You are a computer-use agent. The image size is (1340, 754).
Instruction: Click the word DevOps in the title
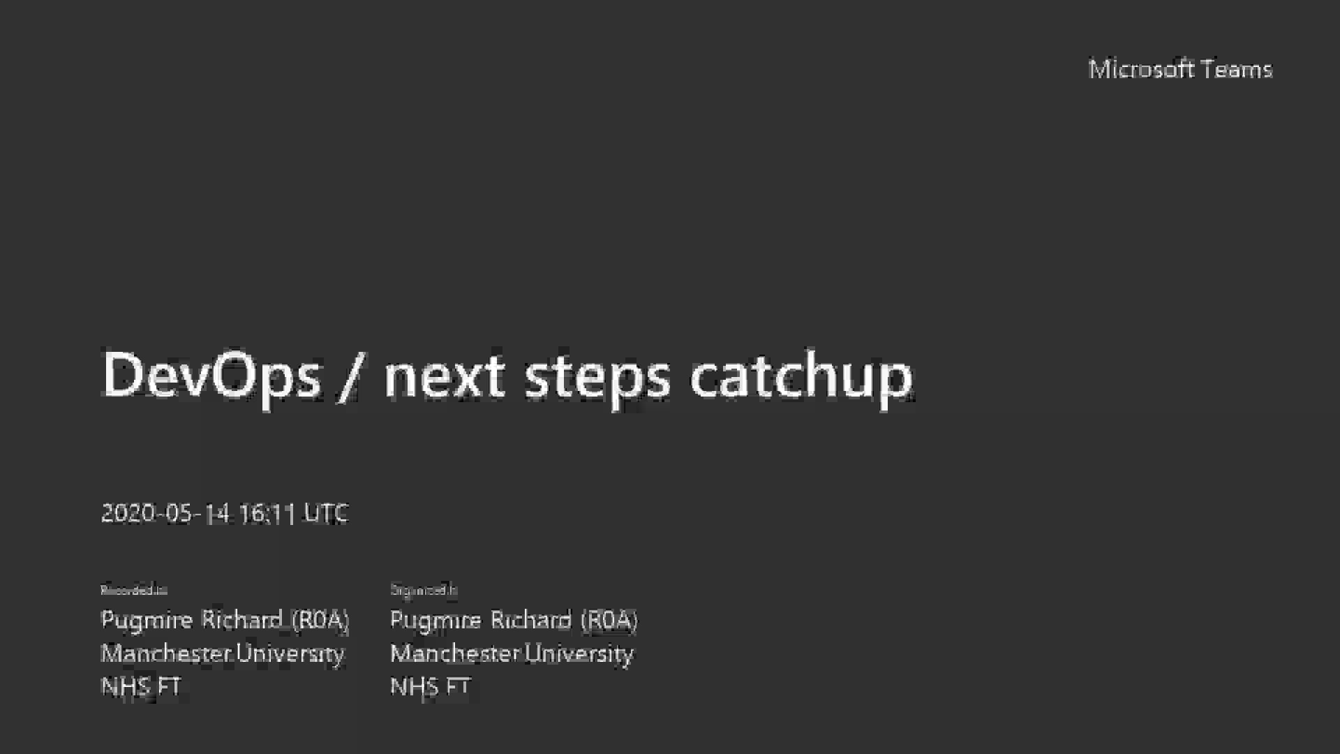click(x=211, y=375)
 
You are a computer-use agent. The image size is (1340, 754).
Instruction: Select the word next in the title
click(x=444, y=375)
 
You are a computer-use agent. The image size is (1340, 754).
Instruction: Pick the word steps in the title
click(x=597, y=375)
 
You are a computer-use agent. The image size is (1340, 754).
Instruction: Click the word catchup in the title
click(x=801, y=375)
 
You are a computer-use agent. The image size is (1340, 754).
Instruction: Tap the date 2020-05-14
click(x=165, y=513)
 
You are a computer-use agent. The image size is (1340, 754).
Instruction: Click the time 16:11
click(x=267, y=513)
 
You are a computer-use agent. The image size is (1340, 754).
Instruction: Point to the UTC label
click(x=326, y=513)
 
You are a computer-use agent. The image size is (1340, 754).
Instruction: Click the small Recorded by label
click(x=134, y=590)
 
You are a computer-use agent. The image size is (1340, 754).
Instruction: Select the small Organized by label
click(x=424, y=590)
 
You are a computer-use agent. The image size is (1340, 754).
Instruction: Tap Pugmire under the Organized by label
click(x=435, y=619)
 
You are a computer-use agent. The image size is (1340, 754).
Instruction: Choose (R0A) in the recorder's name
click(x=320, y=619)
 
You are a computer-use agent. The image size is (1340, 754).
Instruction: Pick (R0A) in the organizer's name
click(x=609, y=619)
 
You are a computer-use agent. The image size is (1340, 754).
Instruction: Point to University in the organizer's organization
click(x=579, y=653)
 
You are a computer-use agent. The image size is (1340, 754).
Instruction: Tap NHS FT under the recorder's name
click(x=141, y=686)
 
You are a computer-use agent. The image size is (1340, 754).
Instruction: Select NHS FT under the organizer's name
click(x=430, y=686)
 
